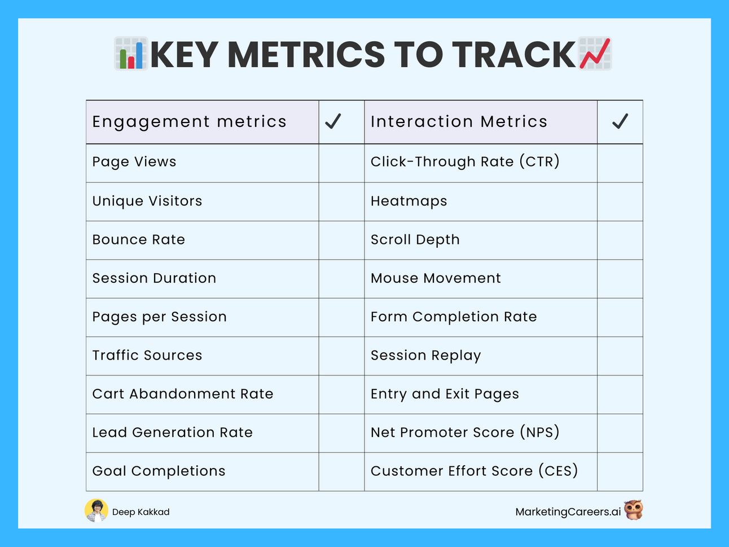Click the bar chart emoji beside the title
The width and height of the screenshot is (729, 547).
click(131, 54)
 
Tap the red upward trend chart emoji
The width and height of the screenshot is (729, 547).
click(595, 54)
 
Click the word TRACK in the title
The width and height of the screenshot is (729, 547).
click(514, 54)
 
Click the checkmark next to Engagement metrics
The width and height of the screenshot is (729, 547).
click(333, 121)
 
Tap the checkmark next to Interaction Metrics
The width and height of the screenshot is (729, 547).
click(620, 121)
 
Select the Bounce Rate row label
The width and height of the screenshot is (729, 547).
click(138, 239)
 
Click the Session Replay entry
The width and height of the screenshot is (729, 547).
click(426, 356)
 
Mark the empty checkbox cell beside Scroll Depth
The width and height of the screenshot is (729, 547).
click(620, 240)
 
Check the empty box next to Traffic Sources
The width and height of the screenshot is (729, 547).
click(341, 356)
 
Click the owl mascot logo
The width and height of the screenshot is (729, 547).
click(633, 510)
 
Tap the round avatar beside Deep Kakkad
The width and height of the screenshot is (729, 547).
click(96, 510)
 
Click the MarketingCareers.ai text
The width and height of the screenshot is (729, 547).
click(568, 512)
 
